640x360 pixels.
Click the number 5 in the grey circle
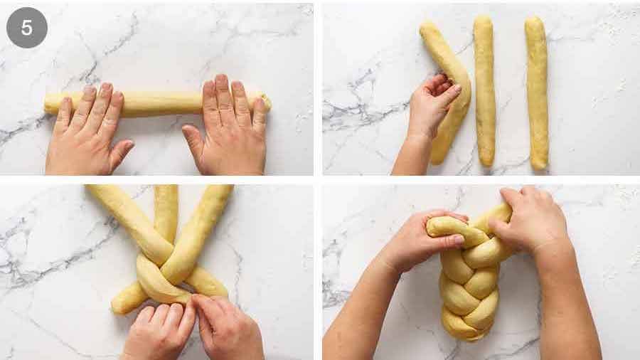(26, 28)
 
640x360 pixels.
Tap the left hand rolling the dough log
(87, 131)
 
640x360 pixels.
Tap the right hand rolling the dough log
(228, 127)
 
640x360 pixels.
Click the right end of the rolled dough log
(267, 104)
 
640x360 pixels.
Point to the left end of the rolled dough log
(48, 103)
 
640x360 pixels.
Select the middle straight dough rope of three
(484, 90)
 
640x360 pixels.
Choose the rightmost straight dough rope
(537, 93)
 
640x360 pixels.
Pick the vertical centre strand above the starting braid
(166, 212)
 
